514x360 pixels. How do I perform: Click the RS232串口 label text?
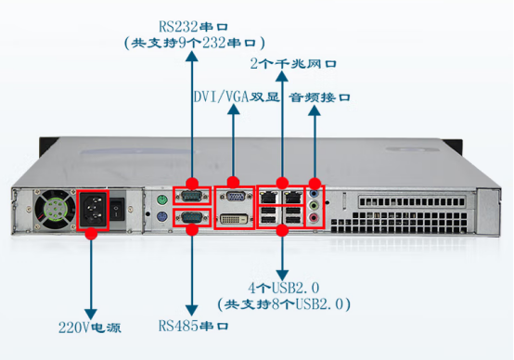pyautogui.click(x=192, y=26)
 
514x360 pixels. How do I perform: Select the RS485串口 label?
pyautogui.click(x=192, y=326)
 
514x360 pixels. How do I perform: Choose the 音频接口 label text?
pyautogui.click(x=322, y=96)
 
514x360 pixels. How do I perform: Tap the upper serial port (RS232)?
pyautogui.click(x=191, y=197)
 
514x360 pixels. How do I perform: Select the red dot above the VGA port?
pyautogui.click(x=233, y=183)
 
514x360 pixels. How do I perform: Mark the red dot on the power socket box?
pyautogui.click(x=91, y=235)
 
